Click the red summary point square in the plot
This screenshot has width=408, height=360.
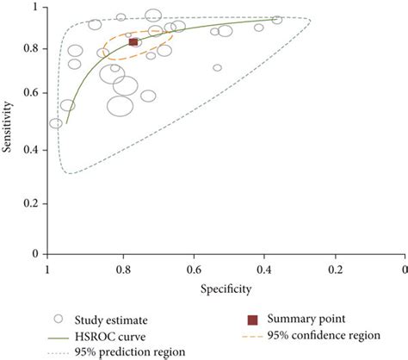point(133,42)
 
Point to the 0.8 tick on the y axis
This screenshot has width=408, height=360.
point(33,49)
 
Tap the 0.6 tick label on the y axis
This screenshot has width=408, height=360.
point(33,100)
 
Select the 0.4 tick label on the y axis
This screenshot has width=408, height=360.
point(33,151)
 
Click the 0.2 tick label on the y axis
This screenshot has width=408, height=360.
point(33,202)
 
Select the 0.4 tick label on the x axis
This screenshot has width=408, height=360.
point(270,270)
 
